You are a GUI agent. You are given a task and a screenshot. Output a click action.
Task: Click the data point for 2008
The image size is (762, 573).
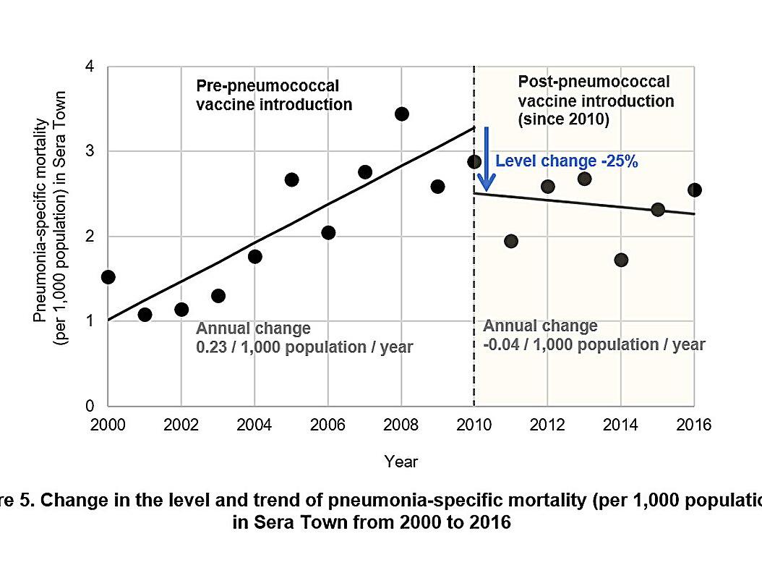(x=402, y=114)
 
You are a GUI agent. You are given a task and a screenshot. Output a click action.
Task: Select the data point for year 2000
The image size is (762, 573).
(x=108, y=277)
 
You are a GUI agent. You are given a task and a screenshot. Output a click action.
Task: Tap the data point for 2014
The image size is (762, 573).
(x=621, y=260)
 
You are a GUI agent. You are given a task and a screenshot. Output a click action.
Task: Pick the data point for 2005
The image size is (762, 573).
(x=291, y=179)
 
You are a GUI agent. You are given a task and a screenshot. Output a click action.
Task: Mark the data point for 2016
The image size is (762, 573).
(x=694, y=190)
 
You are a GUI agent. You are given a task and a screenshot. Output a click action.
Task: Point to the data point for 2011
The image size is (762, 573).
(x=511, y=241)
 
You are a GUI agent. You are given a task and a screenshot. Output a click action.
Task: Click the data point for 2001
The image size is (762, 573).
(x=145, y=314)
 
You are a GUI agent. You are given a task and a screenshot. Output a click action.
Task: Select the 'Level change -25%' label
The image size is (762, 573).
(x=566, y=162)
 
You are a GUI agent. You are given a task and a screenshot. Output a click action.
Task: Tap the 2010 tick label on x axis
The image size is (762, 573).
(x=474, y=425)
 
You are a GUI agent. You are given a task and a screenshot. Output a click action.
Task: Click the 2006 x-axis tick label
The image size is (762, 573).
(x=328, y=425)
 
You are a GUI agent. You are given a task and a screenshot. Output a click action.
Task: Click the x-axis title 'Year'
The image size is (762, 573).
(x=401, y=461)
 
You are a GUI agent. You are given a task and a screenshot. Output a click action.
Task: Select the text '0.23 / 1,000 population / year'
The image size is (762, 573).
(x=304, y=347)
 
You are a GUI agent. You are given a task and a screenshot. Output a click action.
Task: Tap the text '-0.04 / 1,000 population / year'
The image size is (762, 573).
(x=593, y=344)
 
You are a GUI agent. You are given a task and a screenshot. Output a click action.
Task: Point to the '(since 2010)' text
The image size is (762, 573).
(x=564, y=119)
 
